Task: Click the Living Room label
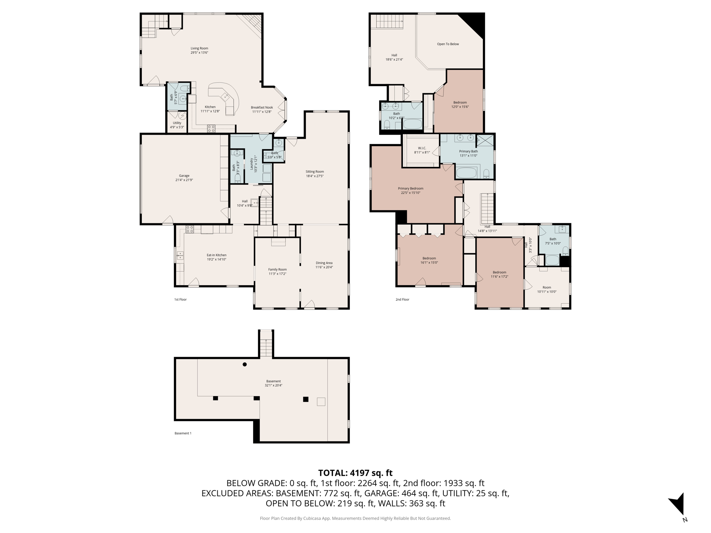[x=199, y=48]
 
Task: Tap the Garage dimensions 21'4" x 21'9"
[x=184, y=180]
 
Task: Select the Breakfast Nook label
[x=262, y=108]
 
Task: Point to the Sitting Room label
[x=315, y=171]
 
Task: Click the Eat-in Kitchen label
[x=216, y=255]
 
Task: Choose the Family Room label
[x=277, y=269]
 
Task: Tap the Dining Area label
[x=324, y=263]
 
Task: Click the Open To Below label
[x=448, y=44]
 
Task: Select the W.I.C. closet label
[x=422, y=148]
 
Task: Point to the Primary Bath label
[x=468, y=151]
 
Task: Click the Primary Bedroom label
[x=410, y=188]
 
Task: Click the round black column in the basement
[x=245, y=364]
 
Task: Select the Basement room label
[x=274, y=381]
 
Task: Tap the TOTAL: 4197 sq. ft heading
[x=355, y=473]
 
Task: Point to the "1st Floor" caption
[x=180, y=299]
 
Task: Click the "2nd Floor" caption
[x=402, y=299]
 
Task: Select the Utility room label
[x=177, y=123]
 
